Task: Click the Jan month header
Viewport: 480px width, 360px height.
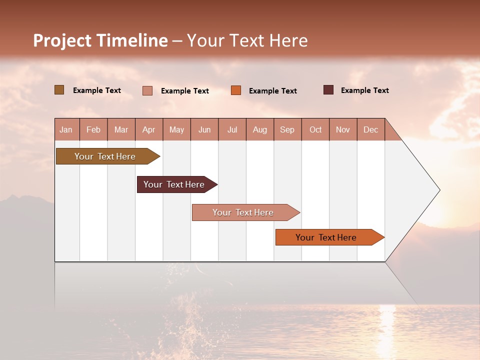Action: (66, 130)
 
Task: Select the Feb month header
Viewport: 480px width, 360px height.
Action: (93, 130)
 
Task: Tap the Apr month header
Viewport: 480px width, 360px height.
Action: (149, 130)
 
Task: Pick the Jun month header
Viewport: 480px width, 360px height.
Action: (204, 130)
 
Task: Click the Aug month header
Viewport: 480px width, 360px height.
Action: (260, 130)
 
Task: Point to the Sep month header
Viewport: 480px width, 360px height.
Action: (287, 130)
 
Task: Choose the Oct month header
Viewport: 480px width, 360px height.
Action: (315, 130)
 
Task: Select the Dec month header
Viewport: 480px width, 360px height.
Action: (371, 130)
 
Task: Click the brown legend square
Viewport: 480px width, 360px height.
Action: (59, 90)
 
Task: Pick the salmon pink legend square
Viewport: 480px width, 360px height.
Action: (147, 90)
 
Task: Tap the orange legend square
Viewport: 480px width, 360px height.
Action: (236, 90)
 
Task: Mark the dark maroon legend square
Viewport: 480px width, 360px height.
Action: (328, 90)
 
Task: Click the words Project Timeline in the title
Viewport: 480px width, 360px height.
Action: (100, 40)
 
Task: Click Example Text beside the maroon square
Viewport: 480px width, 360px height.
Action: (364, 90)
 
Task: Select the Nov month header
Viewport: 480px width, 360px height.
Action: (343, 130)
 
